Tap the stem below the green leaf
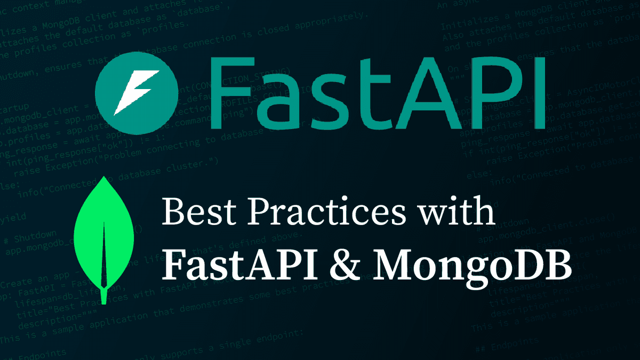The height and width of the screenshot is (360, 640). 103,296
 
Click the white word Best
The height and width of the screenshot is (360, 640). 195,213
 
